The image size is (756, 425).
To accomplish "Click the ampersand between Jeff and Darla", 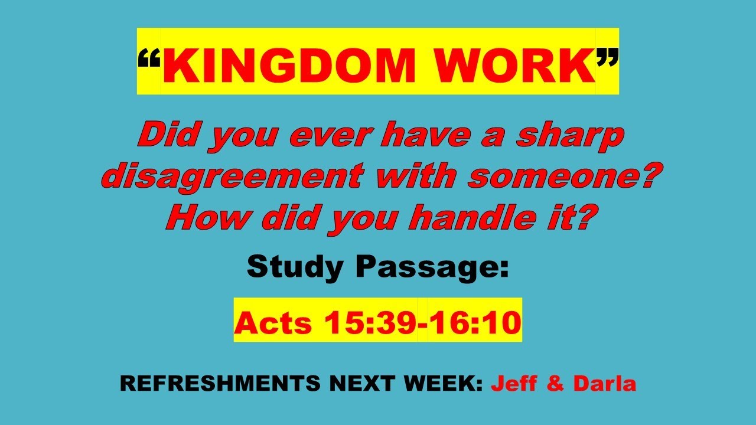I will [556, 384].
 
